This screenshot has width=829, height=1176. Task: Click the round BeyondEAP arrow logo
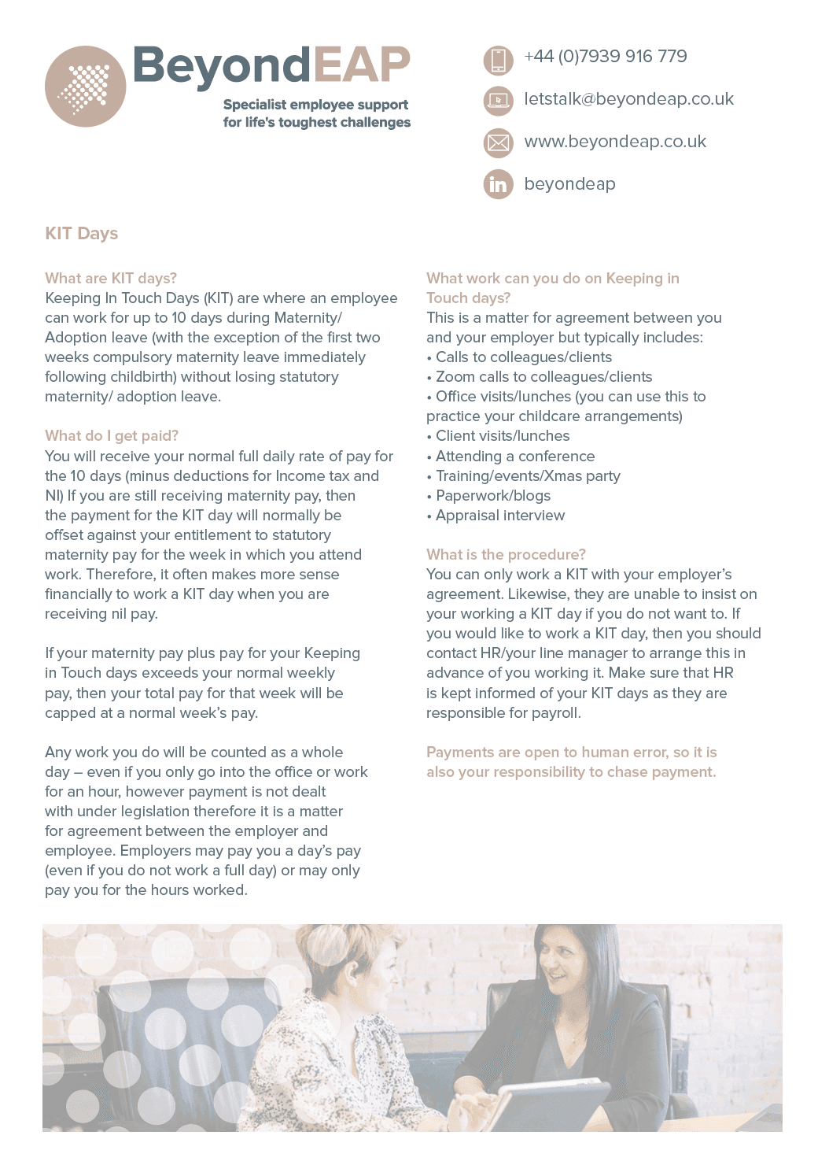click(85, 87)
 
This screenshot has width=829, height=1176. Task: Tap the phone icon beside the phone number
click(498, 59)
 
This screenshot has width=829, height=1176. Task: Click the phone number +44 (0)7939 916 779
click(605, 57)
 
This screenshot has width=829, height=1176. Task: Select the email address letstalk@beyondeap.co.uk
click(628, 99)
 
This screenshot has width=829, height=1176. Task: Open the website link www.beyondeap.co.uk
click(615, 142)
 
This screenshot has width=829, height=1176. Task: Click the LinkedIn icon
click(498, 184)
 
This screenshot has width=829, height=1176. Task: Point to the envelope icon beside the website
click(498, 142)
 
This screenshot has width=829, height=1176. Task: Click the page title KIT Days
click(82, 234)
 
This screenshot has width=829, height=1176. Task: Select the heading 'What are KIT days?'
click(111, 278)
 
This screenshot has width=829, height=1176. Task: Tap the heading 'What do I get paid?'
click(112, 436)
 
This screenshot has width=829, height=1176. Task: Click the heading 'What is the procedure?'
click(506, 555)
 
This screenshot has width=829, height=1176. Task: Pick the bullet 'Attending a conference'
click(515, 457)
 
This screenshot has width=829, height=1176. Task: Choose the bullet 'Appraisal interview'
click(500, 516)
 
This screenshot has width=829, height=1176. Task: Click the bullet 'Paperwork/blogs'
click(493, 496)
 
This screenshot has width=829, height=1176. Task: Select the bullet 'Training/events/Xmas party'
click(528, 476)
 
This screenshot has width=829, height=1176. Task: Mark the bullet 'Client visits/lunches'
click(503, 436)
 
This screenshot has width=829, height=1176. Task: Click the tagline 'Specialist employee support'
click(315, 105)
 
